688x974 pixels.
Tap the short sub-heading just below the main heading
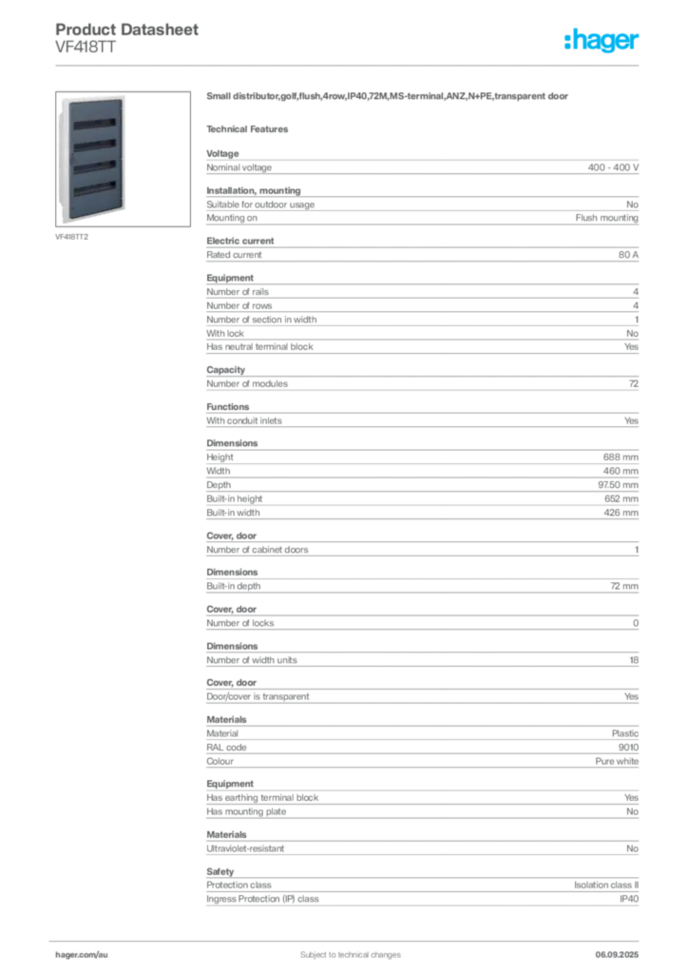(252, 128)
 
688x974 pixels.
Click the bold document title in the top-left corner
(128, 30)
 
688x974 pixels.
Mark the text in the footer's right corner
(622, 948)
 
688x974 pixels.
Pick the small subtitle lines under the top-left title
(84, 49)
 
